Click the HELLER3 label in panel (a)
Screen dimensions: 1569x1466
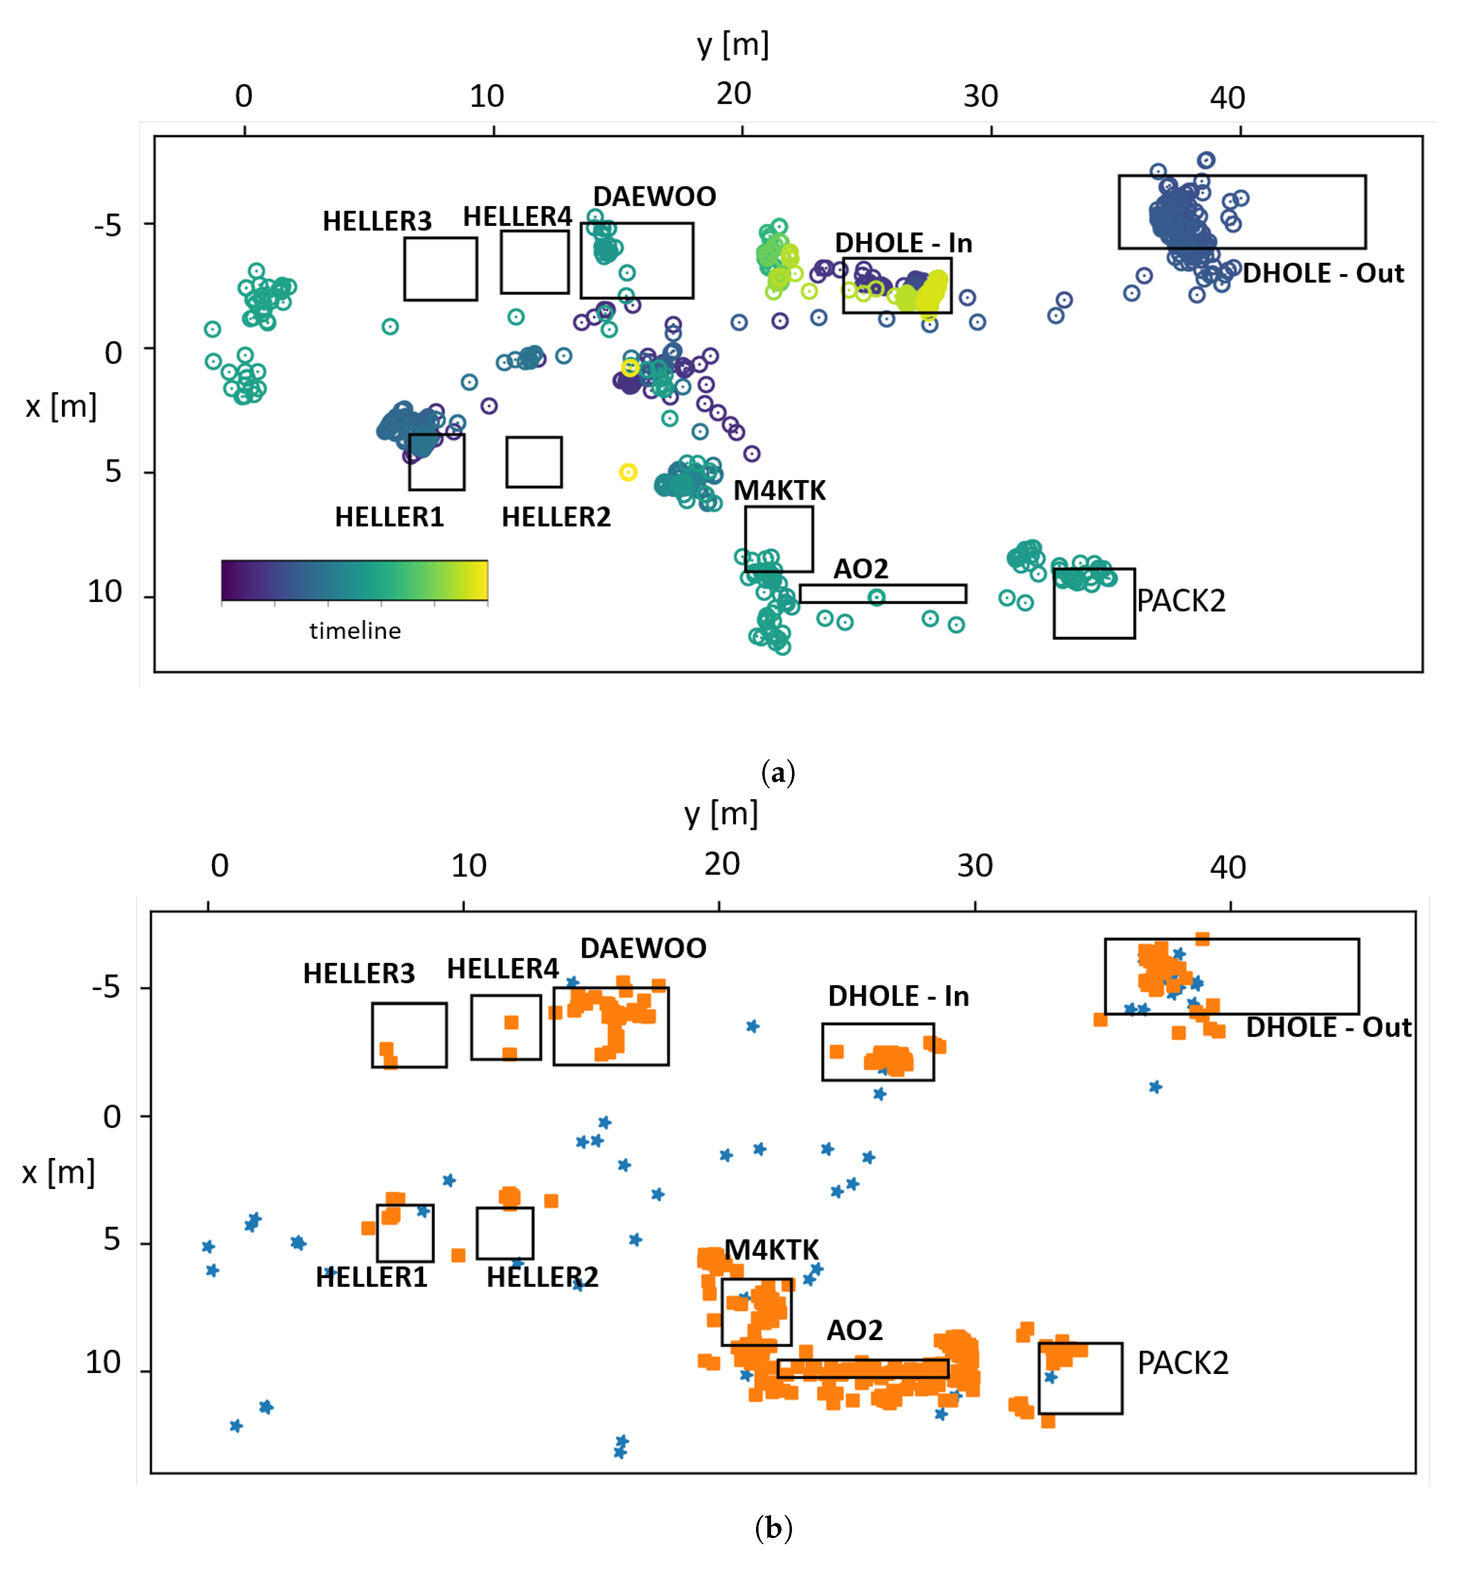pos(377,221)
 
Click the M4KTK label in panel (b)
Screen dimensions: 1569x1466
pos(771,1250)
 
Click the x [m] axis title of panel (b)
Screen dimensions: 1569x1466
pos(59,1173)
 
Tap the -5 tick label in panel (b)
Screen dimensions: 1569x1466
pos(106,987)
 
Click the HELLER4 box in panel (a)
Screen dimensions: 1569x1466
pos(534,262)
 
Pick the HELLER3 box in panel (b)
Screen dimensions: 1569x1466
pos(409,1035)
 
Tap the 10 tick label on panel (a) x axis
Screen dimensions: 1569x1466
pos(105,592)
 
